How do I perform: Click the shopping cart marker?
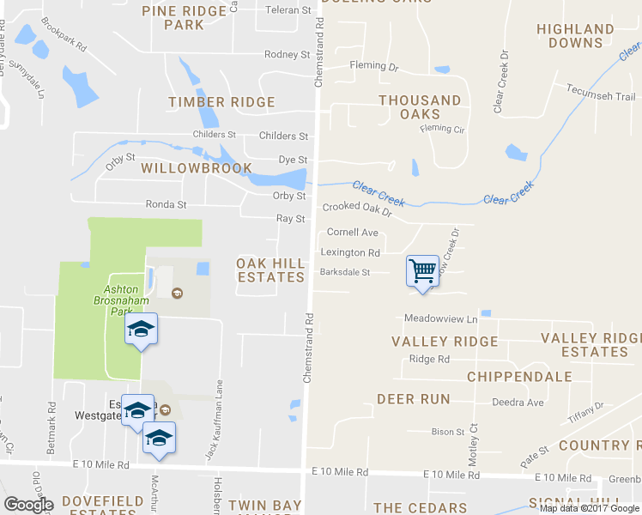(x=422, y=271)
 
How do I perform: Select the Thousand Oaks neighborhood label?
(x=421, y=107)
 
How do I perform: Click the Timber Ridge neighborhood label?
(x=221, y=102)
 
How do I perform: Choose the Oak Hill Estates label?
(x=270, y=270)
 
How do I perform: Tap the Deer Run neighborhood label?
(x=413, y=399)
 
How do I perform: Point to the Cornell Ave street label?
(x=352, y=233)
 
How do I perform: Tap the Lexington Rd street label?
(x=350, y=253)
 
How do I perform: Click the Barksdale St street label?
(x=344, y=273)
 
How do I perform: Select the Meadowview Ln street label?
(x=440, y=318)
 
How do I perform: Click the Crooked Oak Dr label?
(x=357, y=209)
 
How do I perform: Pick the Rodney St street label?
(x=287, y=54)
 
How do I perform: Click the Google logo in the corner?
(x=29, y=505)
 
